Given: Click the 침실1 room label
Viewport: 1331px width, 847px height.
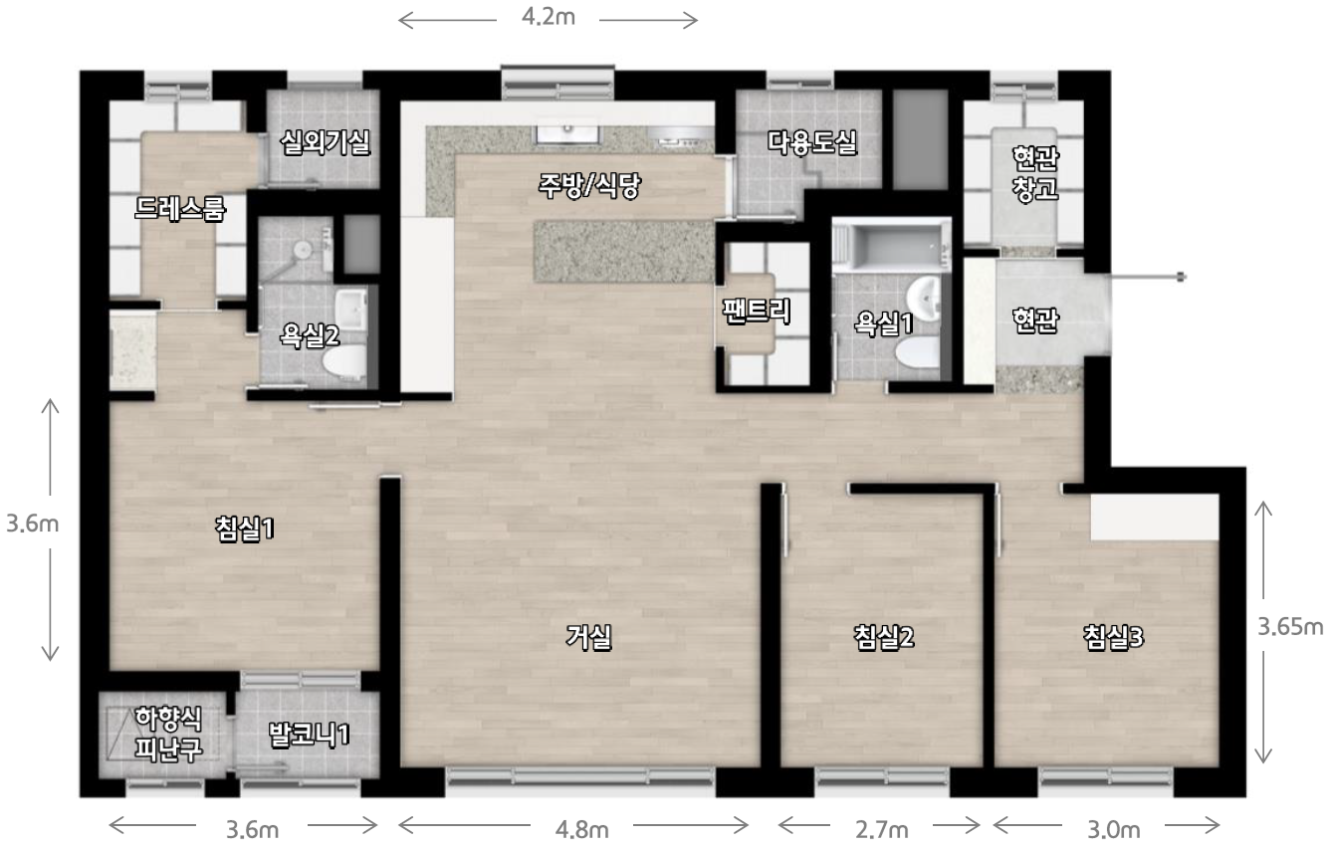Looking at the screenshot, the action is (245, 529).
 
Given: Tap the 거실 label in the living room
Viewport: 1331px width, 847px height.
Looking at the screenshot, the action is (588, 637).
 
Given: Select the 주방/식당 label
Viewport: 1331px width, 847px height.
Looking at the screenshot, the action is (589, 186).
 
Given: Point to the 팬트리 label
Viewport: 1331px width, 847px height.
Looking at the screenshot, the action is (757, 311).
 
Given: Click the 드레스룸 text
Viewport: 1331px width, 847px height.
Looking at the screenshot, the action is (180, 208).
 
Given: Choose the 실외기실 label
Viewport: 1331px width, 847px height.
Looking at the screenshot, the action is (325, 142).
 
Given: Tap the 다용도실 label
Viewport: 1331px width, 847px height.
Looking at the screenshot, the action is (812, 142).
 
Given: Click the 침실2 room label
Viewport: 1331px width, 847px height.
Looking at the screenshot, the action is (884, 637).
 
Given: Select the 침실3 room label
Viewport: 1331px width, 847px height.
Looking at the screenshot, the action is (1113, 637).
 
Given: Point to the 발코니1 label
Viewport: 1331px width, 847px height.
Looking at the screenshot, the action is (309, 735).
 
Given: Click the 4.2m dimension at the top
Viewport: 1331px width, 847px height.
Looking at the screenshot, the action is (549, 17).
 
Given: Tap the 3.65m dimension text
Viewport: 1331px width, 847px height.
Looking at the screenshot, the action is (1290, 627).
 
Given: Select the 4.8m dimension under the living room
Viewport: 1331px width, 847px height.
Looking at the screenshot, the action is (581, 829).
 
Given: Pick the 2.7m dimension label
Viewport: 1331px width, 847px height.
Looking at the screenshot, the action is (881, 829).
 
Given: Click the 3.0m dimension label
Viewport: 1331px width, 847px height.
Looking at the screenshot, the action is (1114, 829).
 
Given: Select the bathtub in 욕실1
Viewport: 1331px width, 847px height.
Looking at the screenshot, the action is (891, 245).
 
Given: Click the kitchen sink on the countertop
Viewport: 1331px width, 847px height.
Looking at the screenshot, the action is (568, 134).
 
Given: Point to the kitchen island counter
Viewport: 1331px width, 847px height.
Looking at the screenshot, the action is (624, 251).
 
